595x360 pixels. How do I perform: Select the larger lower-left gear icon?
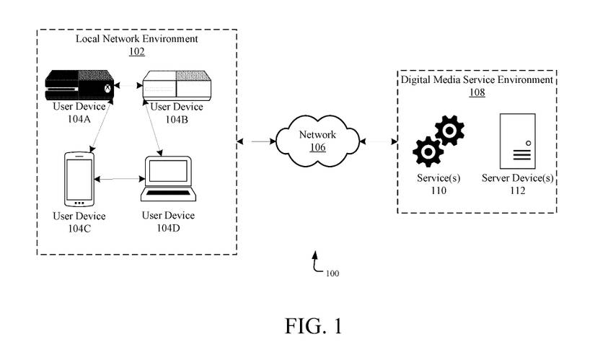click(428, 152)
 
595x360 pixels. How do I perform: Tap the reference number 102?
click(136, 52)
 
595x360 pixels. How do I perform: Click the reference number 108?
click(477, 92)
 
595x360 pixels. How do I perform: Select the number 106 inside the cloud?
click(317, 148)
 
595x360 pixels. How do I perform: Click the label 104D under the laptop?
click(167, 228)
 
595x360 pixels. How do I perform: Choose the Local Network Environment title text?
click(136, 38)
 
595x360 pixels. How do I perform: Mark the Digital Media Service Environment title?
click(477, 79)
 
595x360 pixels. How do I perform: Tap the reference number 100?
click(332, 274)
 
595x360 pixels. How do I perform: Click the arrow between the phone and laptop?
click(118, 178)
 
